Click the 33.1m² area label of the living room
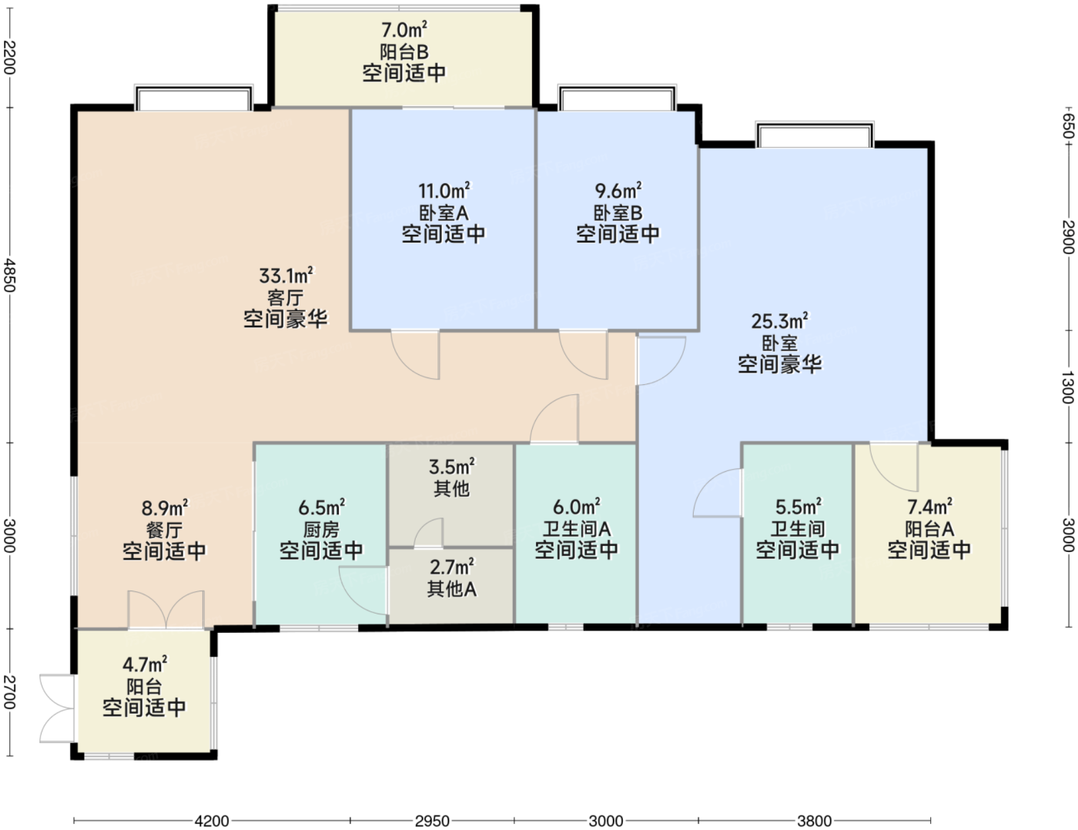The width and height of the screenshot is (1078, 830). (286, 275)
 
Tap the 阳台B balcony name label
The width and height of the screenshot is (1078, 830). (403, 52)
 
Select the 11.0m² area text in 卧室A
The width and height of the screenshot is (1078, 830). (444, 190)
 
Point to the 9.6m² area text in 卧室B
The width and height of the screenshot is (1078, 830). (618, 190)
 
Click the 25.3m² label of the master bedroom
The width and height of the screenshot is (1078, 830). (779, 321)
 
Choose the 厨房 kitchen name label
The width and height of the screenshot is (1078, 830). (321, 530)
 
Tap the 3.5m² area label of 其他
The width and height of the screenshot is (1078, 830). (451, 467)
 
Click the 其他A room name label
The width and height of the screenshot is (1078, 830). (451, 589)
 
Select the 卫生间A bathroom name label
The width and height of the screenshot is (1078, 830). (577, 529)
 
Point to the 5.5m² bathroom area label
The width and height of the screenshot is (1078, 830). (798, 507)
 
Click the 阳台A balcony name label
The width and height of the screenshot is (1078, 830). (929, 529)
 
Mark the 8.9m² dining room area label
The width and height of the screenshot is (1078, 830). (165, 508)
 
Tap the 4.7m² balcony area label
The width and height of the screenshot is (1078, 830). (144, 664)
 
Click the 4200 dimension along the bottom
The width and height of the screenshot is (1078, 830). (212, 821)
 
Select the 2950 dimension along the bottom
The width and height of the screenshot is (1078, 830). (432, 821)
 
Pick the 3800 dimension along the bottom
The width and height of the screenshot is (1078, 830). (814, 821)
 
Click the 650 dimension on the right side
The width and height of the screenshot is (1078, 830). (1068, 126)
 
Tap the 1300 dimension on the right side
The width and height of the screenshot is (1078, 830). (1068, 387)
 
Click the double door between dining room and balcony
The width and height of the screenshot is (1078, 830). (166, 611)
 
